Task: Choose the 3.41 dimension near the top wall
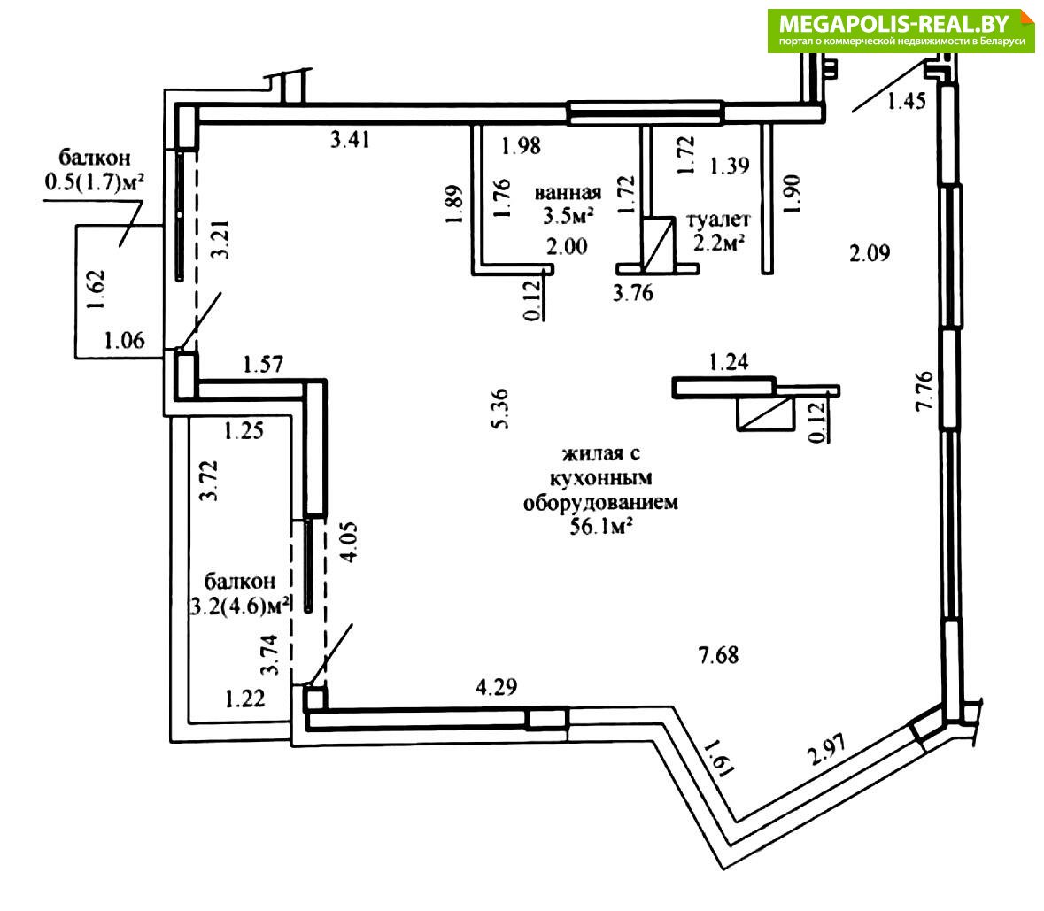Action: pos(349,139)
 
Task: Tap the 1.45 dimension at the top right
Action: pos(906,101)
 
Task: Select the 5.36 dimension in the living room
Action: pos(500,408)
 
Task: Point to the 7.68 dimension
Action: pos(718,655)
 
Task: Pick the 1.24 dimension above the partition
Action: pos(729,361)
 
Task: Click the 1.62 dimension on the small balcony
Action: pos(97,289)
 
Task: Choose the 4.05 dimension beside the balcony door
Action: pos(351,542)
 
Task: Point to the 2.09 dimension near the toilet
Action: pos(870,254)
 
